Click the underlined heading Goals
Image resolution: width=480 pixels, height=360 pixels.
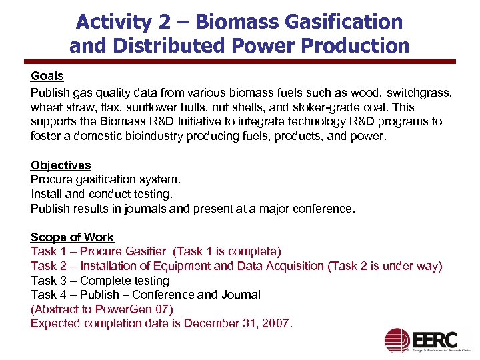coord(47,77)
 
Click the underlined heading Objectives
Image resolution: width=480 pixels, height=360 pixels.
coord(61,165)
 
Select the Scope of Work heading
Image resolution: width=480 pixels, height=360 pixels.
coord(72,237)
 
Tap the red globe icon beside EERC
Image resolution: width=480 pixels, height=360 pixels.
coord(398,341)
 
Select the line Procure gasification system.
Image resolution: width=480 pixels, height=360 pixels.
coord(105,179)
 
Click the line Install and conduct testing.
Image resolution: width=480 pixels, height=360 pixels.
coord(101,194)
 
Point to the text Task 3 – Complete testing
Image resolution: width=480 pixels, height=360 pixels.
coord(100,281)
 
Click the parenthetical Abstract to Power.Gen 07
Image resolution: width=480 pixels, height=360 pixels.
coord(102,309)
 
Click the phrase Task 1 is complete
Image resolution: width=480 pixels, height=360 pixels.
coord(227,251)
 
